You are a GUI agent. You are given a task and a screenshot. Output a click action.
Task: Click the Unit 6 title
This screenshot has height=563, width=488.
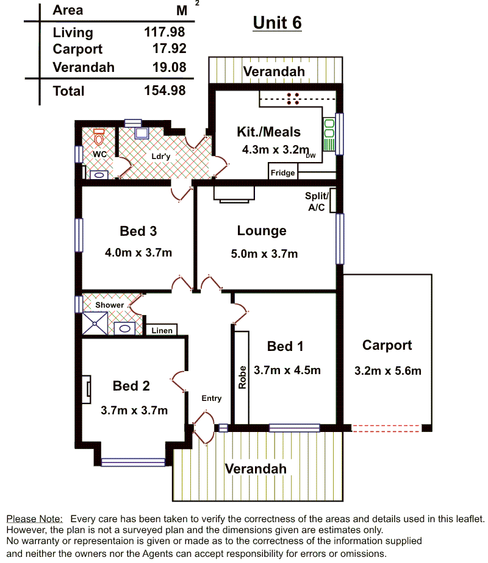pos(277,23)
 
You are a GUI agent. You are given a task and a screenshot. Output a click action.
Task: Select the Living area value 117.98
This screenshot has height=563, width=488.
pos(165,32)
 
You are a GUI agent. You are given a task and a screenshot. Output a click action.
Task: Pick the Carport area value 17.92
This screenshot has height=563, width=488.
pos(169,49)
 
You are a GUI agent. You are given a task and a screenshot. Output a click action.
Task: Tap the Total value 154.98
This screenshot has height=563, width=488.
pos(165,90)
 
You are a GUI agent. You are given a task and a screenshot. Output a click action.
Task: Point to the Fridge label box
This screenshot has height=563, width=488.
pos(283,172)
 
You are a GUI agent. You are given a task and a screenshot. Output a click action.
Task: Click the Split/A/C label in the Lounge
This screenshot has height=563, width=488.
pos(317,202)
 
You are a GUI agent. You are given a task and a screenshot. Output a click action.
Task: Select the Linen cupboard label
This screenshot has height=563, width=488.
pos(162,330)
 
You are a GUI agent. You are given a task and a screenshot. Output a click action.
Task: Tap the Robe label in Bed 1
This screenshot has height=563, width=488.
pos(243,377)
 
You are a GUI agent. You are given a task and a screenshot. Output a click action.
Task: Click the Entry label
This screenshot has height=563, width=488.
pos(211,398)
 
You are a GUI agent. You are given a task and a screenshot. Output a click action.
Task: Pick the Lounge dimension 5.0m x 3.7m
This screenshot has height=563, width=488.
pos(264,254)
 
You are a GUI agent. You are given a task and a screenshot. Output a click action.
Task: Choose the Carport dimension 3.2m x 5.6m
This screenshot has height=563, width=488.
pos(388,370)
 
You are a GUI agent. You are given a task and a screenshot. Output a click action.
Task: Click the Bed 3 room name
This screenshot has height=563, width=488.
pos(138,232)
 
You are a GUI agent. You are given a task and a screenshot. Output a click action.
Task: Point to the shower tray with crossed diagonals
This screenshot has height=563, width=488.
pos(95,324)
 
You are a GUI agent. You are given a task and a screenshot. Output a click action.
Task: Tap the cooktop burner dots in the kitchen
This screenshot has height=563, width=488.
pos(293,99)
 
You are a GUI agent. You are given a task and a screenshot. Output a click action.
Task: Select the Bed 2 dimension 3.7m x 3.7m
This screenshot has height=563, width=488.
pos(134,411)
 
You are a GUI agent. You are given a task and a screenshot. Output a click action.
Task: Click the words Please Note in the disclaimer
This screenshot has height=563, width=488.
pos(35,519)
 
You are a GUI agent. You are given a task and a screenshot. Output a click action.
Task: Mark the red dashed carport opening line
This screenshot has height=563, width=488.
pos(386,428)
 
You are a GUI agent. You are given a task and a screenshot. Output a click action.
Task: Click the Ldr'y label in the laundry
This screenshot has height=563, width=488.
pos(160,156)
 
